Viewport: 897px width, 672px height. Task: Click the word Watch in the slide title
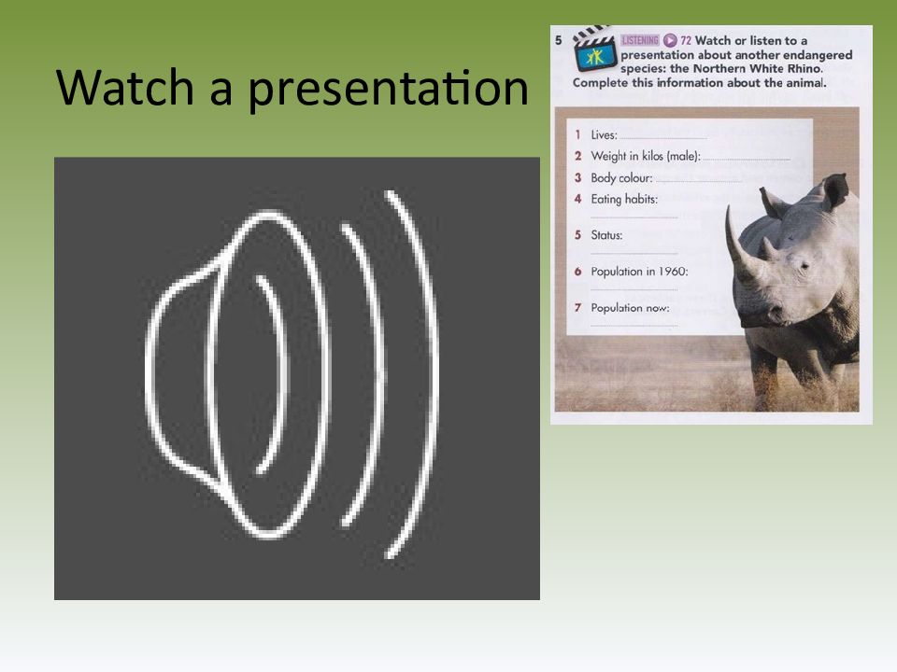click(125, 88)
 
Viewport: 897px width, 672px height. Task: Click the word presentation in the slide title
click(389, 90)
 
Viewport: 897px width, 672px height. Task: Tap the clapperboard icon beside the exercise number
click(595, 49)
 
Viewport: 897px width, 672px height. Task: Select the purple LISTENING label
click(640, 40)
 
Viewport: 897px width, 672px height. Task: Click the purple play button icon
click(670, 40)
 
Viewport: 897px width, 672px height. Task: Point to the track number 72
click(686, 40)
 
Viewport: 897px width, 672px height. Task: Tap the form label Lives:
click(605, 134)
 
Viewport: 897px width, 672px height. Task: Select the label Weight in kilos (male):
click(646, 156)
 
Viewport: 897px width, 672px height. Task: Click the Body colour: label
click(621, 177)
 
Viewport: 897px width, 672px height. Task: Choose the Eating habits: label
click(624, 199)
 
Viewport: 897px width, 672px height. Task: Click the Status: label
click(606, 235)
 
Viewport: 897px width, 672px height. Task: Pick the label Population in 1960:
click(639, 272)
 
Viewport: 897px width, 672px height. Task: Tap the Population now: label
click(630, 307)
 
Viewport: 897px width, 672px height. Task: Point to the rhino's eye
click(804, 266)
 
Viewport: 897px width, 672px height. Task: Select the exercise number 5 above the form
click(559, 40)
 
